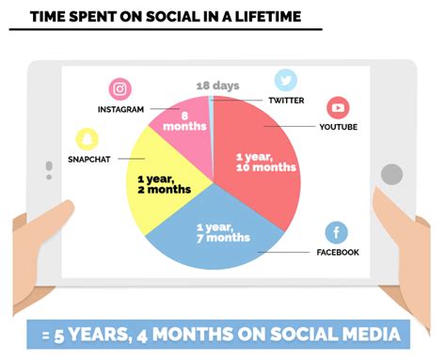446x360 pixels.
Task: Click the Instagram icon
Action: click(119, 89)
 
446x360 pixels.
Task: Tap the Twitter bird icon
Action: click(286, 81)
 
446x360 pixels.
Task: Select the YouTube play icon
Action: click(338, 107)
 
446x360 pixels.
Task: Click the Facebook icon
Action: click(337, 232)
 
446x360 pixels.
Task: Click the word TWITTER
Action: click(286, 100)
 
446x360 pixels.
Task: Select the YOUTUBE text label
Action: click(338, 127)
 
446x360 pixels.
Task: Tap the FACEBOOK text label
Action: click(337, 252)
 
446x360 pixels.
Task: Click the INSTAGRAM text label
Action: click(120, 109)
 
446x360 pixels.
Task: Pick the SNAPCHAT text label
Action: click(88, 159)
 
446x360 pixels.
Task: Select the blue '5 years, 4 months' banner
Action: click(222, 334)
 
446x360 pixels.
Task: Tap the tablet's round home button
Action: click(391, 174)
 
